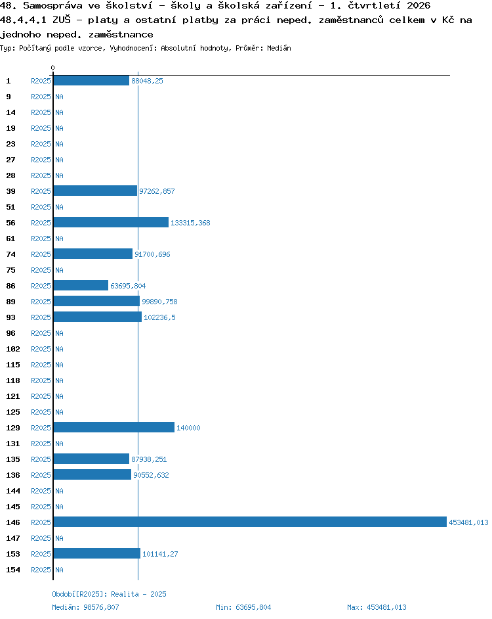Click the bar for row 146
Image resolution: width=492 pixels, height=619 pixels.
pos(250,522)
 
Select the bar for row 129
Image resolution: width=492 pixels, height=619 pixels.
pos(114,427)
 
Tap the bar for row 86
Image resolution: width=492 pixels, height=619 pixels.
pos(81,285)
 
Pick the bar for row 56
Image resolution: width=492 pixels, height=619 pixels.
pos(111,222)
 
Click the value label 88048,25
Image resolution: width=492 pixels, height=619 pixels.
pos(147,81)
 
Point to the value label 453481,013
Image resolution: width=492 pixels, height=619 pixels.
pos(468,522)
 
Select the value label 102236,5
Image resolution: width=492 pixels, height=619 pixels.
pos(159,317)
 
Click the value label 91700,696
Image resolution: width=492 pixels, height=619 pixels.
pos(153,254)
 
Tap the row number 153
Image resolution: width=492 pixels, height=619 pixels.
pos(13,554)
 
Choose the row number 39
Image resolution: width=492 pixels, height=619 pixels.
pos(10,191)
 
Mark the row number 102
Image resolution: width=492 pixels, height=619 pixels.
pos(13,349)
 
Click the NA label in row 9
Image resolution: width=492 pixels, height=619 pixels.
pos(59,97)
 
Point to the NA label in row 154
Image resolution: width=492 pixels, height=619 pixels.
pos(59,570)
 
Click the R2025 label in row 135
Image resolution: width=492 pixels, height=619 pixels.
pos(41,459)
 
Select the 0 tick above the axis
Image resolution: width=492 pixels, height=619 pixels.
pos(53,68)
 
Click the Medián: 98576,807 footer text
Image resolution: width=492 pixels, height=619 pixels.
pos(85,607)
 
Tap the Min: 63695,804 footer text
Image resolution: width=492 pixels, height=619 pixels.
pos(243,607)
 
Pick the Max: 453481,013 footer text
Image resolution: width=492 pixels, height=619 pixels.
pos(377,607)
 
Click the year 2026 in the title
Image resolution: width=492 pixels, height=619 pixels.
pos(419,5)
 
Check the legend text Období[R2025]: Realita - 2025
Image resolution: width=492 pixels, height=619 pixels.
pos(109,594)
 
